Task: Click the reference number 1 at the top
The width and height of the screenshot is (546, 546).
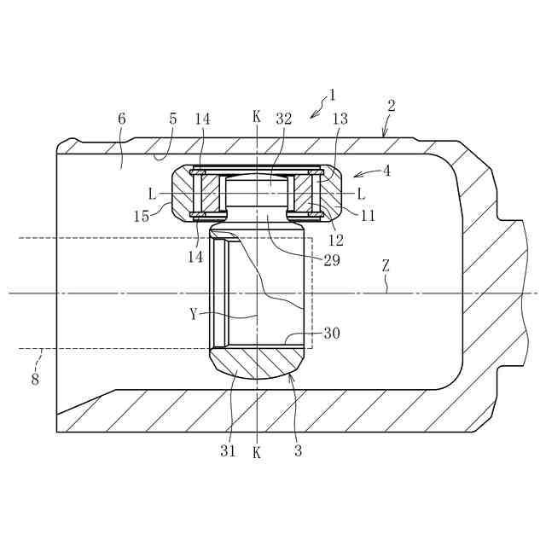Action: (332, 95)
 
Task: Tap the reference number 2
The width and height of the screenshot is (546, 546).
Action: (392, 106)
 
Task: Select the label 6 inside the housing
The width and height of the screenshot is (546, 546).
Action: (121, 119)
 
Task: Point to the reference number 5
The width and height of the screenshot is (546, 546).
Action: (172, 119)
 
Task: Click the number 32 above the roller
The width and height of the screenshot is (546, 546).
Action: (284, 119)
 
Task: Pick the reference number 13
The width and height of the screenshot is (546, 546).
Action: (340, 119)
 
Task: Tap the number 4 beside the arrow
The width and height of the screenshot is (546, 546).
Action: (386, 171)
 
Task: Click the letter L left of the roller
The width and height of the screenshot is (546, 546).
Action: (152, 194)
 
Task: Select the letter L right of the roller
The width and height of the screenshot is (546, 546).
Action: (361, 194)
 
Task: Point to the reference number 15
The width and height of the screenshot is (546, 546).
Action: (142, 217)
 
